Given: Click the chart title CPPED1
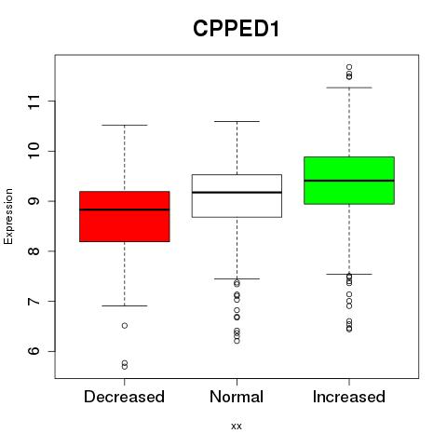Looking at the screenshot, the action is (x=237, y=29).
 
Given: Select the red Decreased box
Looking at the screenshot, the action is (x=125, y=216).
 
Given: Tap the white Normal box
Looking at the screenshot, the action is (x=237, y=196).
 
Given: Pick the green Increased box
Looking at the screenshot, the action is (x=349, y=181).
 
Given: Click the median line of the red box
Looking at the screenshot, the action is (x=125, y=210).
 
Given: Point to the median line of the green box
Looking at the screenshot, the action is (x=349, y=181).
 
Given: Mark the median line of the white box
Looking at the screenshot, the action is (x=237, y=193).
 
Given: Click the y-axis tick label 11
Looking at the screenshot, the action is (x=34, y=102).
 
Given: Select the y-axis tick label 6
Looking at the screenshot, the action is (x=34, y=351).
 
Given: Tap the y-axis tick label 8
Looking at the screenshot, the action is (x=34, y=251).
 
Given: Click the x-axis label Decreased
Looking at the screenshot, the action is (x=124, y=397).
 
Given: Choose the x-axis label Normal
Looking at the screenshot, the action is (x=237, y=397).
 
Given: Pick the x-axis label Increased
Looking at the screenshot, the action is (x=349, y=397).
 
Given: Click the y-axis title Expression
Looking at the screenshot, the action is (x=8, y=216).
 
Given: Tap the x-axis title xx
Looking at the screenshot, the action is (x=237, y=427).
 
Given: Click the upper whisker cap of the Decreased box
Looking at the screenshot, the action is (x=125, y=125).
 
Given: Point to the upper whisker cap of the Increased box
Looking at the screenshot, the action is (x=349, y=88).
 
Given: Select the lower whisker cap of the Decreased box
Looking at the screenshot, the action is (x=125, y=305).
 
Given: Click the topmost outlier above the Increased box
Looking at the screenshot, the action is (x=349, y=67).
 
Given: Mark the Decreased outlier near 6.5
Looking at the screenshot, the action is (x=125, y=326).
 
